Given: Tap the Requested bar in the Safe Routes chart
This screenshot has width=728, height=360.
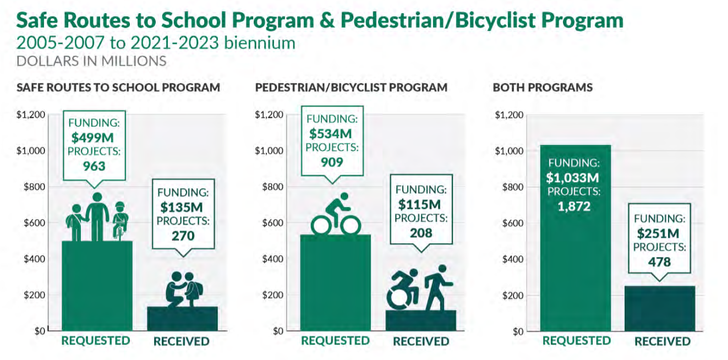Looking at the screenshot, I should point(96,286).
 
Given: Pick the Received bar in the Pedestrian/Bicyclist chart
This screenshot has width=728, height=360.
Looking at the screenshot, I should point(421,321).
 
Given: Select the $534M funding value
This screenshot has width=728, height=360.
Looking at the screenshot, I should point(330,134).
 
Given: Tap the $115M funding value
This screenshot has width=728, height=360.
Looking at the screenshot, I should point(421,204).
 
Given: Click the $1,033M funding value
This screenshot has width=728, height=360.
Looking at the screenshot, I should point(572,178).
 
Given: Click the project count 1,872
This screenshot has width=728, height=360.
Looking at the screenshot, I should point(572,206).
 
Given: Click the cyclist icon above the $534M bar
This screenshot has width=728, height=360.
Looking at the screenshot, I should point(335,215).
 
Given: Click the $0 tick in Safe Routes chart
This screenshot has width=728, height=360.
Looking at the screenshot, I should point(36,331).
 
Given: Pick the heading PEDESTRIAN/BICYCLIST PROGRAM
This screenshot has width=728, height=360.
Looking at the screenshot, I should point(351,88).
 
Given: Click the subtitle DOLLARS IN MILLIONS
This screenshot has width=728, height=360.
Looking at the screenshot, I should point(91,61).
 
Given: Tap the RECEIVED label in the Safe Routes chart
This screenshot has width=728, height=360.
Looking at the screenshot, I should point(181,342).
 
